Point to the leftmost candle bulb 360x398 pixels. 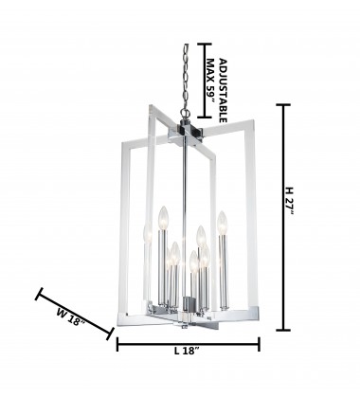[x=145, y=231]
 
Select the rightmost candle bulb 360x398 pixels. [x=224, y=222]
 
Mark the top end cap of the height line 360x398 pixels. [x=281, y=104]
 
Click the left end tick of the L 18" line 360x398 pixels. [x=117, y=346]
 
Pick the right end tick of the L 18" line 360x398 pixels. [x=260, y=346]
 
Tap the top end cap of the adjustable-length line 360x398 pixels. [x=210, y=44]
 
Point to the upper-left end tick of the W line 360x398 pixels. [x=39, y=295]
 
